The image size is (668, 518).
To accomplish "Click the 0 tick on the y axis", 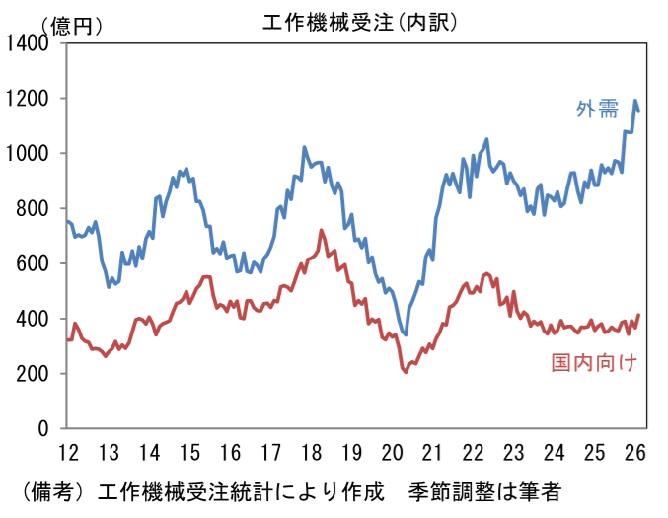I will [44, 429].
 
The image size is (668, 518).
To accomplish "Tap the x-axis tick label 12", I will [68, 453].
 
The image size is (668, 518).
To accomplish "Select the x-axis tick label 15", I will [190, 453].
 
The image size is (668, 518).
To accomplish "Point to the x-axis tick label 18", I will [313, 453].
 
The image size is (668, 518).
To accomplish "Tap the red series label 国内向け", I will [594, 363].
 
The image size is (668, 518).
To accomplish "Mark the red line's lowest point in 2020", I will [405, 371].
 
